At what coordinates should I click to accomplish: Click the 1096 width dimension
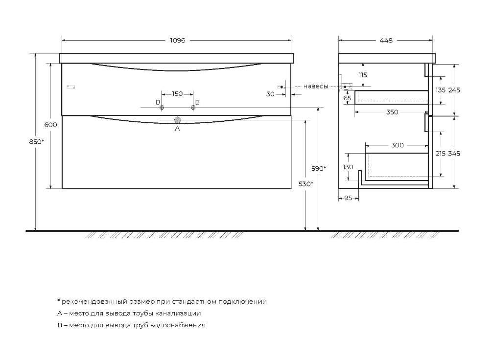(x=177, y=41)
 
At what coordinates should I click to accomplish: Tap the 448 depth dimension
(x=386, y=41)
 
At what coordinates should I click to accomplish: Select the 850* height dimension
(x=36, y=142)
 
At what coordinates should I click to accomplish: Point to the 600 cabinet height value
(x=51, y=125)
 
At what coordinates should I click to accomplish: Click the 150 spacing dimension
(x=177, y=94)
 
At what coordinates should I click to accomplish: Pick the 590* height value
(x=319, y=168)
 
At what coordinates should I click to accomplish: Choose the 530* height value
(x=305, y=184)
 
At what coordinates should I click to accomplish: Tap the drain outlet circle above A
(x=177, y=120)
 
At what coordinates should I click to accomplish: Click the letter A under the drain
(x=177, y=129)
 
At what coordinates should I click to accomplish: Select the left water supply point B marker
(x=163, y=107)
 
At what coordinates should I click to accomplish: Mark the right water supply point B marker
(x=192, y=107)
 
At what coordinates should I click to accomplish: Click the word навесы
(x=316, y=87)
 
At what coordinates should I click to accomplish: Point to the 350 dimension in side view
(x=392, y=112)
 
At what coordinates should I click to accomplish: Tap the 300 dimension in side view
(x=398, y=145)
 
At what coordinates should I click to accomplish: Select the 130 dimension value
(x=348, y=167)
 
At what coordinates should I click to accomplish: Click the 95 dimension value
(x=348, y=198)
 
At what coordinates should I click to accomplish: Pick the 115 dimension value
(x=362, y=75)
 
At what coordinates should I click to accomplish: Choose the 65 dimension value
(x=348, y=98)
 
